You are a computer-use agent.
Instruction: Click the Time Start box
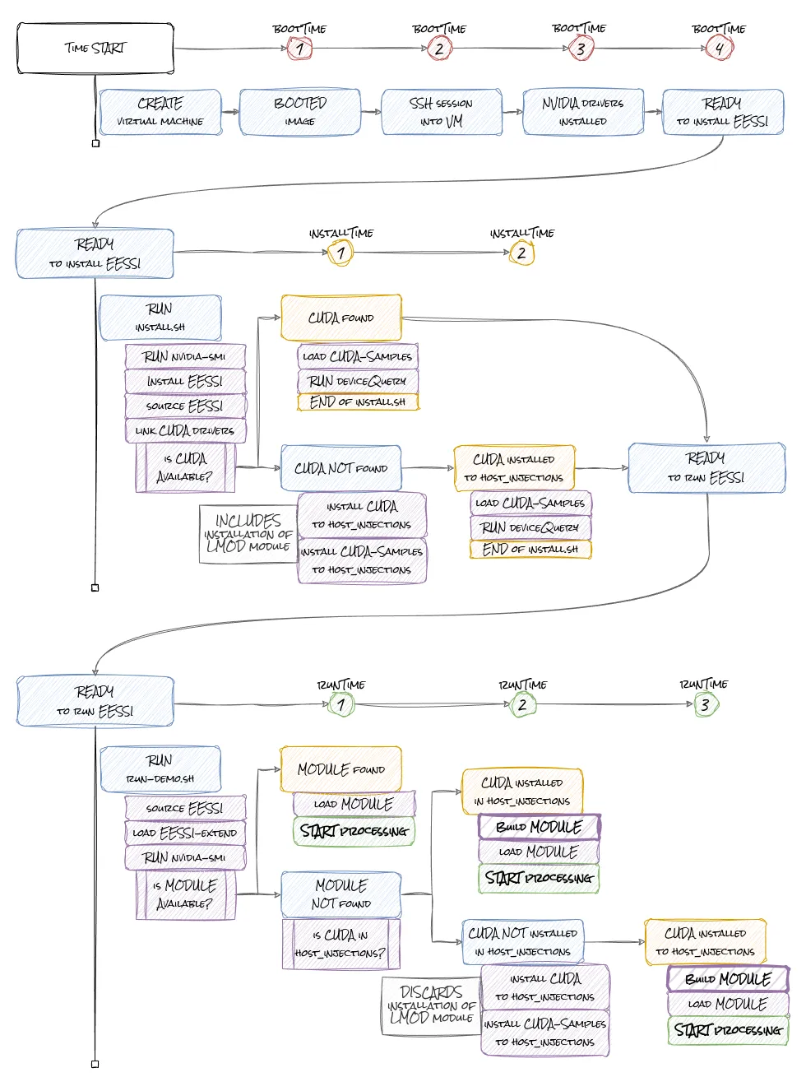click(x=95, y=49)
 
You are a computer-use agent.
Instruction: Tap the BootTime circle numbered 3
click(x=580, y=49)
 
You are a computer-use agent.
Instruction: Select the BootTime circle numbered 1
click(x=299, y=49)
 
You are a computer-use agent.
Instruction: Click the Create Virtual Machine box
click(x=160, y=112)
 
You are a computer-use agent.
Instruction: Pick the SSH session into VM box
click(x=442, y=112)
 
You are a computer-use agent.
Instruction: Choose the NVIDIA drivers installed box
click(x=583, y=112)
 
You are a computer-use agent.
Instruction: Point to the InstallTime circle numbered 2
click(x=521, y=253)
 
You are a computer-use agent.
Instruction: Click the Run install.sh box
click(x=160, y=318)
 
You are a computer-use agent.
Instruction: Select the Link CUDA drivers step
click(x=185, y=430)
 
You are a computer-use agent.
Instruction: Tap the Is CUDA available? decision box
click(x=185, y=467)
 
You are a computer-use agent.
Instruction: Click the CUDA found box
click(x=341, y=318)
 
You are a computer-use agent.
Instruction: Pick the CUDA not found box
click(x=341, y=468)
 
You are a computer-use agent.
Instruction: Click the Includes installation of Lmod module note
click(x=248, y=534)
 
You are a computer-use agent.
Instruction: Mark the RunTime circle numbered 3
click(x=705, y=705)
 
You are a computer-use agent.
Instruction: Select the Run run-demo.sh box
click(x=160, y=769)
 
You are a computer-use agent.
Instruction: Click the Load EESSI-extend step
click(x=185, y=833)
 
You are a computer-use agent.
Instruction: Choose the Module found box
click(x=341, y=769)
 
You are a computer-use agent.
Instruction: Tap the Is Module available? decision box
click(x=185, y=894)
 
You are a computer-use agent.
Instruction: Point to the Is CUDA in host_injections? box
click(x=341, y=944)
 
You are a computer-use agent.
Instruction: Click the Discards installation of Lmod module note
click(x=431, y=1005)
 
